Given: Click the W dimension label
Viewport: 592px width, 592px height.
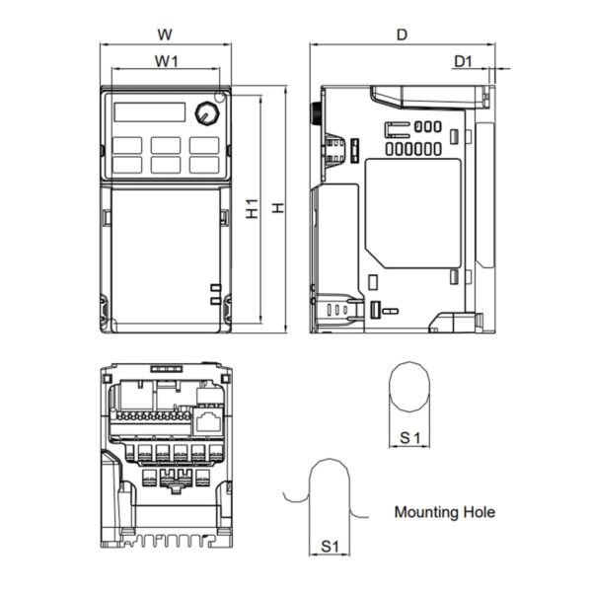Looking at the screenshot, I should pos(166,34).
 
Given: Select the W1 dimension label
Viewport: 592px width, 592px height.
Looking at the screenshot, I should pos(166,61).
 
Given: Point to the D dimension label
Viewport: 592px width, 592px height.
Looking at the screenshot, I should pos(402,34).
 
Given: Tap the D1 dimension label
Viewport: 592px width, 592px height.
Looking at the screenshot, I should pos(463,61).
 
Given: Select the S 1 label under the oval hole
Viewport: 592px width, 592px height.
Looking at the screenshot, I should pos(410,435).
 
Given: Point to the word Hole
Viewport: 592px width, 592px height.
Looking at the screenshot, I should pos(479,512).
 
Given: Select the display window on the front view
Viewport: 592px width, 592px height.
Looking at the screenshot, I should pos(146,111).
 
